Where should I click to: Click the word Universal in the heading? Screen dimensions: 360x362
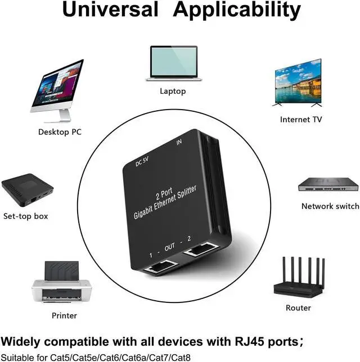click(x=110, y=11)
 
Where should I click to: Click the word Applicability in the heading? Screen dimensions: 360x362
click(x=236, y=11)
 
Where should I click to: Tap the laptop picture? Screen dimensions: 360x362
click(x=173, y=62)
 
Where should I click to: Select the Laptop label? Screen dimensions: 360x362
click(x=173, y=91)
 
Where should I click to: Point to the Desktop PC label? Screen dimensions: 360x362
click(x=60, y=132)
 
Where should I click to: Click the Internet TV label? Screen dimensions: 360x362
click(x=301, y=119)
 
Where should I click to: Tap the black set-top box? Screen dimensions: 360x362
click(x=26, y=192)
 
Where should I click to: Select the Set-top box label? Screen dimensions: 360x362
click(x=26, y=216)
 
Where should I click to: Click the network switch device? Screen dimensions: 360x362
click(x=328, y=184)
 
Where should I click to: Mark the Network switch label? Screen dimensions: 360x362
click(x=330, y=206)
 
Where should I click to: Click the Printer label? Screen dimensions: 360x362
click(x=64, y=315)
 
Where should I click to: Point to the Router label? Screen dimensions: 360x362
click(x=298, y=307)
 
